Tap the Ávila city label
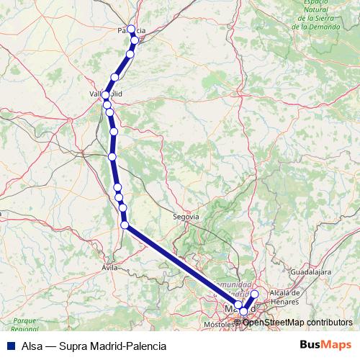coord(109,267)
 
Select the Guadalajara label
coord(310,272)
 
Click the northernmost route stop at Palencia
coord(131,30)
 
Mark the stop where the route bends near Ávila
coord(125,225)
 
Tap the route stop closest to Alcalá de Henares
coord(254,294)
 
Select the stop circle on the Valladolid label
coord(106,95)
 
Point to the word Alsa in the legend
coord(31,346)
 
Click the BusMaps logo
coord(324,345)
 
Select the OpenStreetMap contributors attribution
coord(297,322)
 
